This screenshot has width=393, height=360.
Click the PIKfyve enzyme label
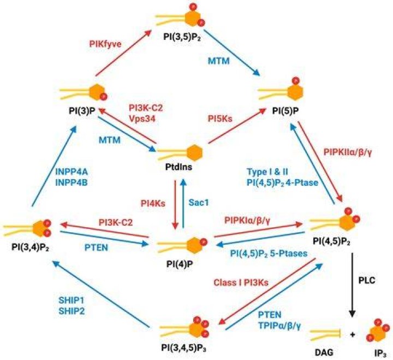[105, 44]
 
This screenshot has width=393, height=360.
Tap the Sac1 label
[199, 203]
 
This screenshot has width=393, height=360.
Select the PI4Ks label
[153, 203]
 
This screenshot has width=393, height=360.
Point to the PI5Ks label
[220, 119]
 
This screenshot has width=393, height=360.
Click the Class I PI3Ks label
[241, 282]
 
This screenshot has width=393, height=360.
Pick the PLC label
[367, 280]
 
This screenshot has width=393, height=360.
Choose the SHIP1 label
[72, 300]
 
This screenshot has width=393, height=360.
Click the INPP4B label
[71, 182]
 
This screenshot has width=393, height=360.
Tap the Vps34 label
[142, 119]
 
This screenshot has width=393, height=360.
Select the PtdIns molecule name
[178, 167]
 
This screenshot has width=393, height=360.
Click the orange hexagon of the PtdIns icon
[194, 153]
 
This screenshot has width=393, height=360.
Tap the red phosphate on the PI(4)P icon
[204, 242]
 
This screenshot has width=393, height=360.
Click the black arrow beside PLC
[353, 285]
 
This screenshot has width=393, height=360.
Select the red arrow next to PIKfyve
[123, 53]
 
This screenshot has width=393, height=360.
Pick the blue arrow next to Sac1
[183, 203]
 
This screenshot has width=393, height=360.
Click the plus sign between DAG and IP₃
[353, 335]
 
